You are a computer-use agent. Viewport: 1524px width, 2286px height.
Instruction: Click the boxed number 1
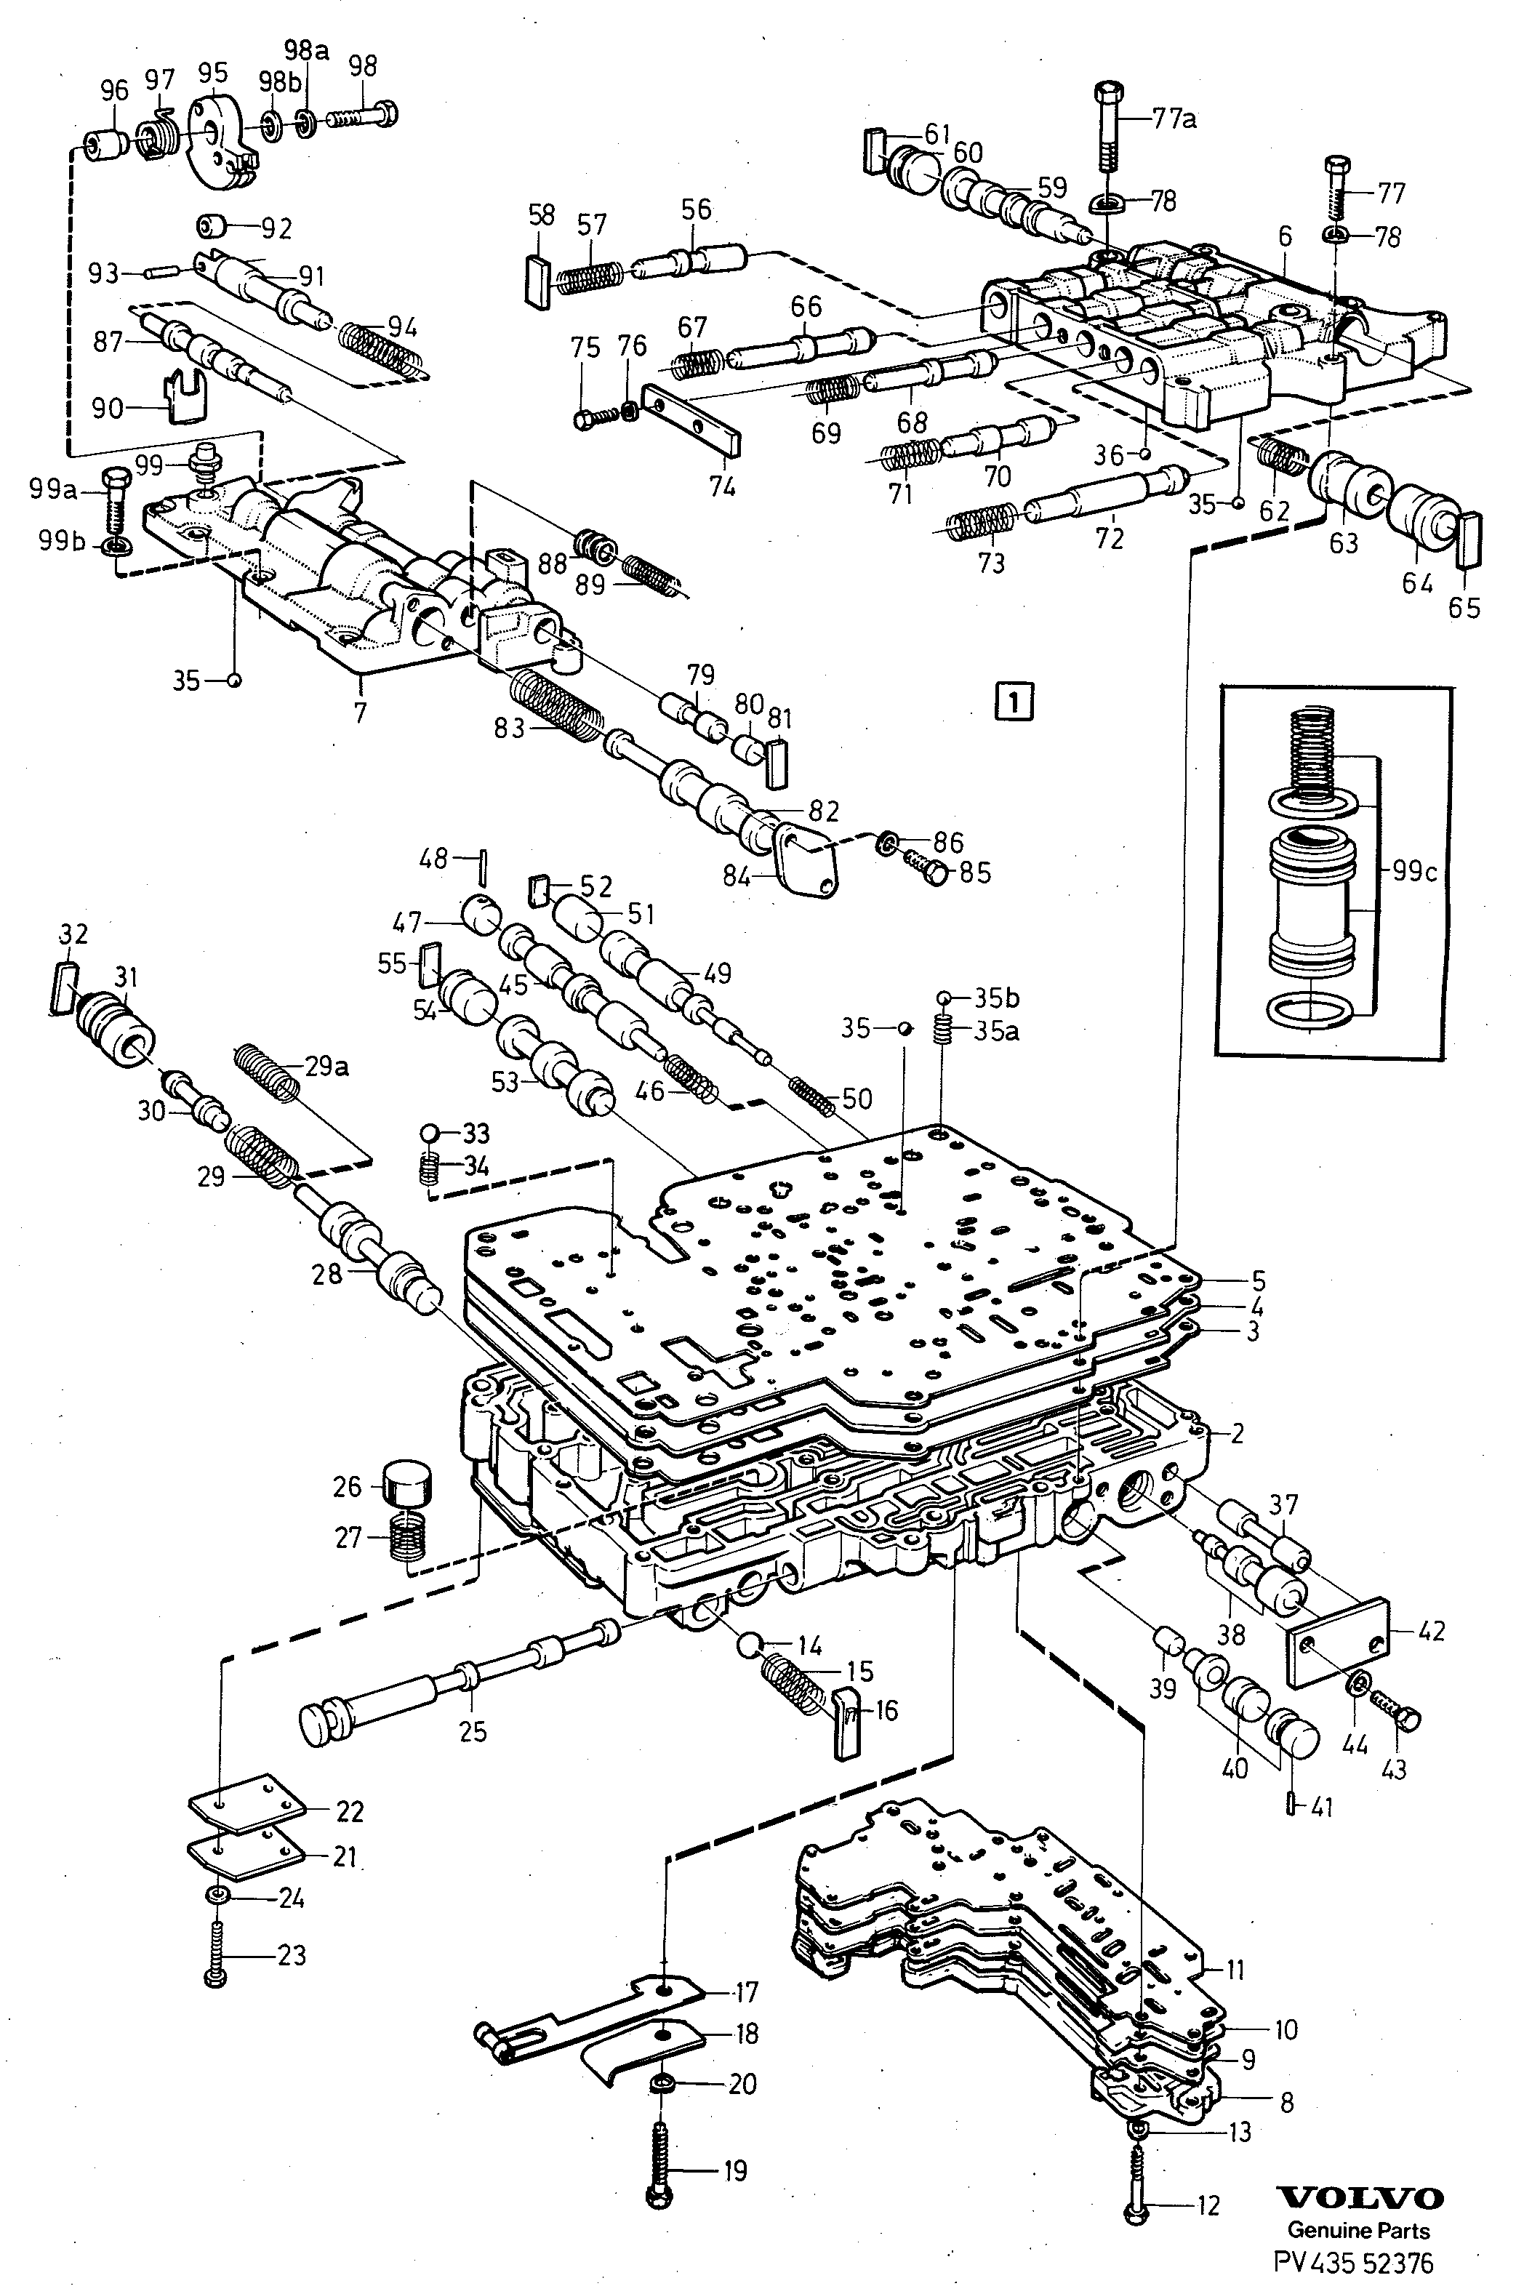(x=1014, y=701)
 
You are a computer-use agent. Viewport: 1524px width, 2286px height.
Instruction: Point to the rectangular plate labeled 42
(x=1337, y=1642)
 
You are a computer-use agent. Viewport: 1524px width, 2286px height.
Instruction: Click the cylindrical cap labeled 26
(x=407, y=1481)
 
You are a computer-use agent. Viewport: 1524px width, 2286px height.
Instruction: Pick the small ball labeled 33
(x=430, y=1134)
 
